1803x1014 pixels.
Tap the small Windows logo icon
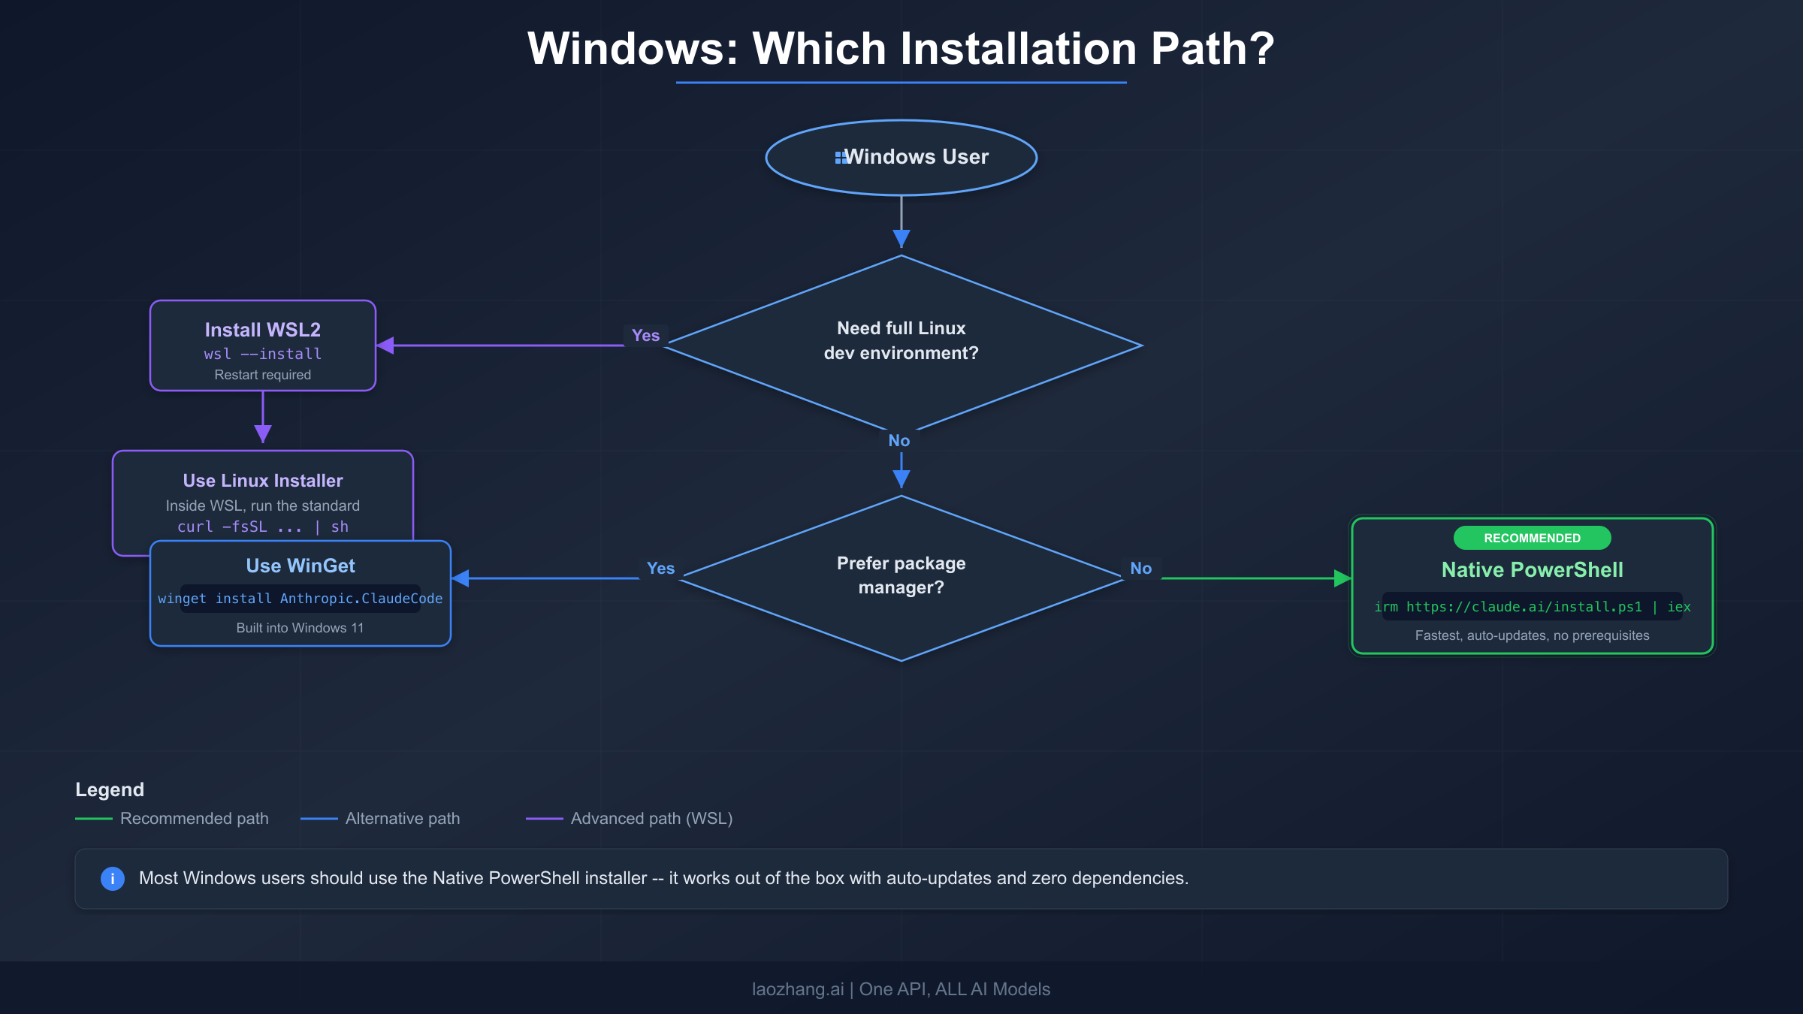pyautogui.click(x=840, y=157)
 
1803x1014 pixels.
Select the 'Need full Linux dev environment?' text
pyautogui.click(x=901, y=340)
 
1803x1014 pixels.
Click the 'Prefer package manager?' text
pyautogui.click(x=901, y=575)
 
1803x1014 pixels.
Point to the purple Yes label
pyautogui.click(x=645, y=336)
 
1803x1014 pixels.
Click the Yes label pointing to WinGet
pyautogui.click(x=660, y=569)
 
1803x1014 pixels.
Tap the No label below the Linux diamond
pyautogui.click(x=899, y=441)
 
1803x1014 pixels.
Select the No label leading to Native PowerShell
pyautogui.click(x=1140, y=569)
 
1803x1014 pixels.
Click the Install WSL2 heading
pyautogui.click(x=263, y=330)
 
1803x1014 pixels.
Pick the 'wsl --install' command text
pyautogui.click(x=263, y=354)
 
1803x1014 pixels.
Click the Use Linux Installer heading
pyautogui.click(x=263, y=481)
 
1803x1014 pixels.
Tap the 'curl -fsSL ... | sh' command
pyautogui.click(x=263, y=527)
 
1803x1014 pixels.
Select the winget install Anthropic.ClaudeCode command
pyautogui.click(x=300, y=599)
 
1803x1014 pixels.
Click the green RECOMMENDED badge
pyautogui.click(x=1532, y=538)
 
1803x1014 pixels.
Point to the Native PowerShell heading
pyautogui.click(x=1532, y=570)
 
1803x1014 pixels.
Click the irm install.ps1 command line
pyautogui.click(x=1532, y=607)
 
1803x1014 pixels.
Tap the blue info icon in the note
pyautogui.click(x=113, y=878)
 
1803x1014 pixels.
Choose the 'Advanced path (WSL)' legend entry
pyautogui.click(x=651, y=819)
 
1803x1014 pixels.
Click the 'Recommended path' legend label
pyautogui.click(x=194, y=819)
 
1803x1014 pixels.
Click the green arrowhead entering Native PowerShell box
pyautogui.click(x=1342, y=578)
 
